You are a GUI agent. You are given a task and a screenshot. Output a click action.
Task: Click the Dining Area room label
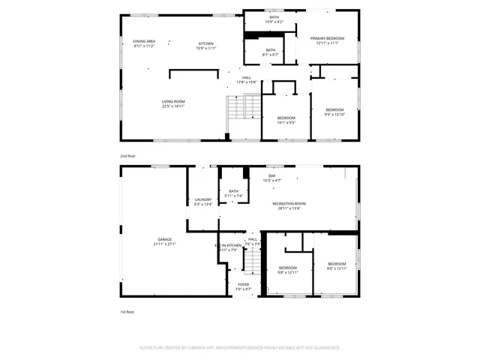click(144, 43)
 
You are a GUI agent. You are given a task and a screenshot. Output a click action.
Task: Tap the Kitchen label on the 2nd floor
click(206, 46)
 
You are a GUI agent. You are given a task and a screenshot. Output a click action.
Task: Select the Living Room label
click(173, 103)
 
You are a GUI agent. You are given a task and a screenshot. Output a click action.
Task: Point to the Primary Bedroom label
click(328, 40)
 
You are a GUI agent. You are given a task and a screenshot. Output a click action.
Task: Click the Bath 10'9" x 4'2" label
click(274, 19)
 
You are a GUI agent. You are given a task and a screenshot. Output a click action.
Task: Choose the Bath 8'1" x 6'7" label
click(269, 52)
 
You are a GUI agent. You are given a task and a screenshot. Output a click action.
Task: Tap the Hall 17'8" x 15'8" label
click(246, 79)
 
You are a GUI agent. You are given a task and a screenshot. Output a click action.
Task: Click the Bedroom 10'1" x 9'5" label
click(286, 120)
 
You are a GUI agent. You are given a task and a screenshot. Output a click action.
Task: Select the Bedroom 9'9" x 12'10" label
click(334, 112)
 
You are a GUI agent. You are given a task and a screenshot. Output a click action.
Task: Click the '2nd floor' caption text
click(127, 156)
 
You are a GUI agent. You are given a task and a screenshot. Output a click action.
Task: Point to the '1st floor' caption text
click(127, 311)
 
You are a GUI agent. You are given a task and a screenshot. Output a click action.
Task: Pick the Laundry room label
click(203, 202)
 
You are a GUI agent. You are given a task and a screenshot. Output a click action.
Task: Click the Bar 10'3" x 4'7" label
click(271, 178)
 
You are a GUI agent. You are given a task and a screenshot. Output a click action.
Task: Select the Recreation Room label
click(289, 205)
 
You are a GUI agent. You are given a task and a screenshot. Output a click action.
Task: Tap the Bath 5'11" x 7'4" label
click(234, 193)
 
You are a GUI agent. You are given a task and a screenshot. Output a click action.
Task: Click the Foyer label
click(244, 286)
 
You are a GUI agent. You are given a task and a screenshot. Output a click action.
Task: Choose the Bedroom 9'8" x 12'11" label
click(289, 270)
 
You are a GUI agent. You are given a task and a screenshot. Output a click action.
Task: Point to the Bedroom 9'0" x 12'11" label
click(336, 265)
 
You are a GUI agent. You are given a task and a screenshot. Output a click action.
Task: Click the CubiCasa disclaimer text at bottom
click(240, 348)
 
